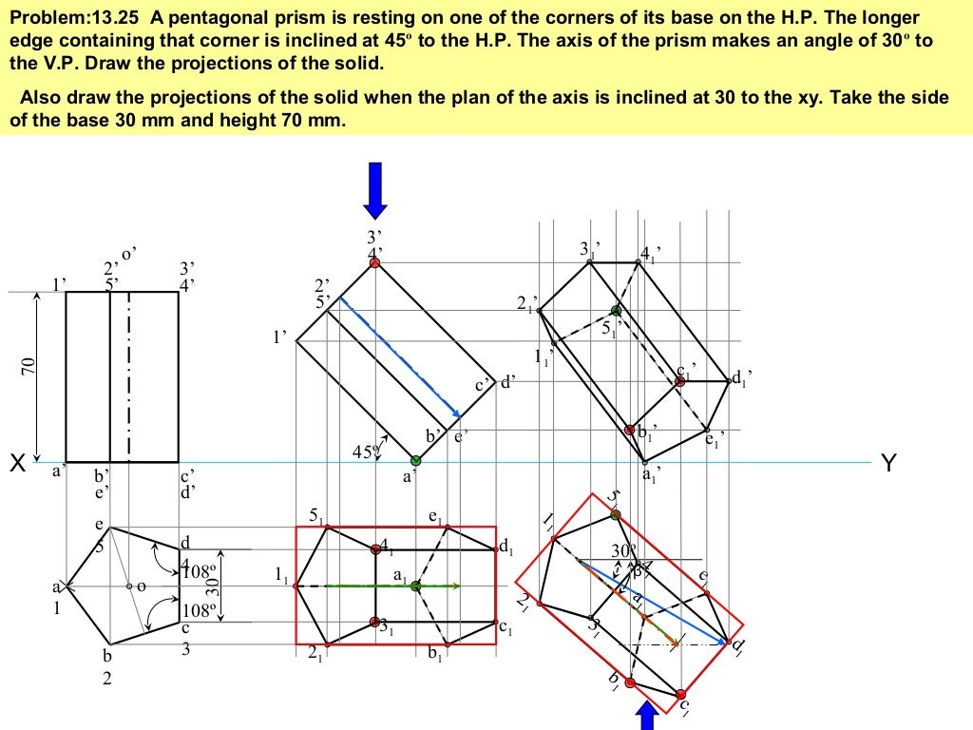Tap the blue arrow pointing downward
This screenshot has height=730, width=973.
click(375, 189)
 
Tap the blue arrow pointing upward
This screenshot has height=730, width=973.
click(647, 716)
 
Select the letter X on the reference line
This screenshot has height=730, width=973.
click(16, 465)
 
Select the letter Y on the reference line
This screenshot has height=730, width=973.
click(888, 464)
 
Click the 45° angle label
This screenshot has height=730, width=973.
click(364, 452)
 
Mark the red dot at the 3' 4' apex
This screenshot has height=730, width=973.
click(375, 262)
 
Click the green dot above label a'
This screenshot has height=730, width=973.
click(414, 460)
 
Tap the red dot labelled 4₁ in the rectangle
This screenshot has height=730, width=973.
click(375, 548)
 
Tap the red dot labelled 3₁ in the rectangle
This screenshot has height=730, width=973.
click(373, 623)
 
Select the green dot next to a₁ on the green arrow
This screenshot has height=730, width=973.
click(415, 586)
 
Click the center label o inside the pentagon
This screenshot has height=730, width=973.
click(141, 586)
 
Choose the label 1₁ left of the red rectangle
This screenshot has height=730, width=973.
click(280, 576)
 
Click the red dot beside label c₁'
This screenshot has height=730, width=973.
click(680, 381)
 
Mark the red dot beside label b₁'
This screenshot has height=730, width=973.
click(630, 430)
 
